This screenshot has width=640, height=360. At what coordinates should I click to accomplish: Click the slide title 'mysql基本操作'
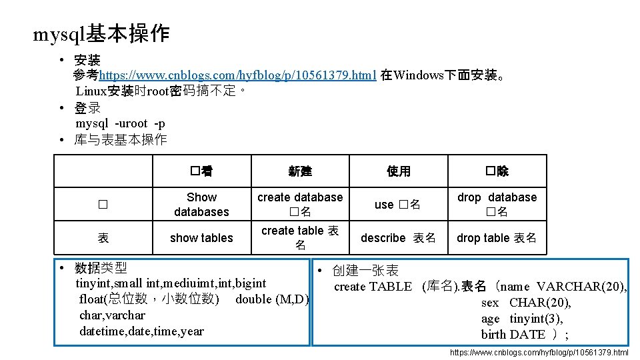[x=101, y=34]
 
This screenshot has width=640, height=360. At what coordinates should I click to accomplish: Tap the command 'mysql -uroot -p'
[x=121, y=123]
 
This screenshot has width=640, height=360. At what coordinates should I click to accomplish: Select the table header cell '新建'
[x=300, y=171]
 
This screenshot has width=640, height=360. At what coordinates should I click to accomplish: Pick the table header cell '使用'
[x=399, y=171]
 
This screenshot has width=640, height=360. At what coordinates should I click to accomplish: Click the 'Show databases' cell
[x=201, y=204]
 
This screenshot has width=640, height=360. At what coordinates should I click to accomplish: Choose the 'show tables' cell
[x=201, y=238]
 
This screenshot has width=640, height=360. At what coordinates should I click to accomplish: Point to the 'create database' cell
[x=300, y=204]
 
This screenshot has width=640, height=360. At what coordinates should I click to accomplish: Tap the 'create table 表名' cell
[x=300, y=238]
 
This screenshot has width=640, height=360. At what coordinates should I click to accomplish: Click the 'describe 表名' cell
[x=399, y=238]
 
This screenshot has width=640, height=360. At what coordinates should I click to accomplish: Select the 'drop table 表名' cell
[x=497, y=238]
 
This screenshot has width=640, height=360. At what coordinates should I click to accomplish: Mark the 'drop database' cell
[x=497, y=204]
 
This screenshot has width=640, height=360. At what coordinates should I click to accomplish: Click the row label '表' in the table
[x=103, y=238]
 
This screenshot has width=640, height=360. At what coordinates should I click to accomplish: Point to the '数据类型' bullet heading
[x=101, y=268]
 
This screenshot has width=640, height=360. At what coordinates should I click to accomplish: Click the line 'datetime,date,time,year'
[x=141, y=331]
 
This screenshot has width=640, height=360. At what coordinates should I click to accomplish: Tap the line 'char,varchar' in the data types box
[x=112, y=315]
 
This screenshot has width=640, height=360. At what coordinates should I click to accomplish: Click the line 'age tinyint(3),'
[x=522, y=318]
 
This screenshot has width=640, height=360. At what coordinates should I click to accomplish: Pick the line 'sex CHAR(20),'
[x=526, y=302]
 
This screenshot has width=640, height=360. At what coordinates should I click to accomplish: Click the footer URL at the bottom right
[x=539, y=352]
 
